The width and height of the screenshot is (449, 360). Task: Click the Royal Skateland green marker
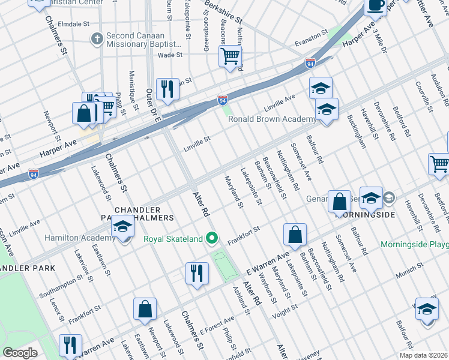click(x=211, y=239)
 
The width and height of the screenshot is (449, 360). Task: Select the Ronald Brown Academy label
click(x=271, y=119)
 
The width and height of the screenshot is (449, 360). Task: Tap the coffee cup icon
click(x=376, y=5)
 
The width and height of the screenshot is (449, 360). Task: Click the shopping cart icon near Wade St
click(x=231, y=58)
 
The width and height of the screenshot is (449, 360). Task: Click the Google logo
click(x=20, y=353)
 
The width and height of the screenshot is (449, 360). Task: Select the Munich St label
click(x=407, y=274)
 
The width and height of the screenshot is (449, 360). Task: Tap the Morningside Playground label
click(x=414, y=245)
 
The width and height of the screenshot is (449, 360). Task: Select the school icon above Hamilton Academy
click(x=122, y=227)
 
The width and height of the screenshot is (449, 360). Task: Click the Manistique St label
click(x=131, y=85)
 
